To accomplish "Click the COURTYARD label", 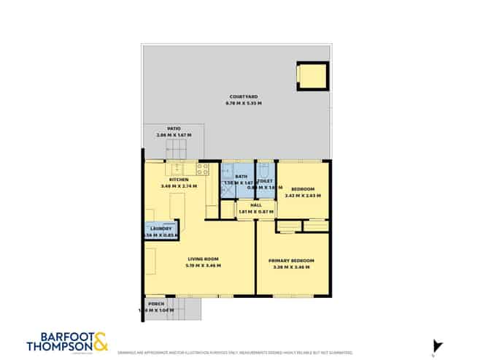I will [x=243, y=96].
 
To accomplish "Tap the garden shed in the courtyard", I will [x=311, y=75].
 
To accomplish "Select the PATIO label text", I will [x=173, y=128].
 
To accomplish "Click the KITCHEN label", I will [x=179, y=180].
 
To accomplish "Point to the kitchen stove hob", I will [x=202, y=169].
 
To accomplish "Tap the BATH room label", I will [x=241, y=177].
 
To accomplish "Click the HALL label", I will [x=255, y=205].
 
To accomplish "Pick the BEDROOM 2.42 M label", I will [x=302, y=188].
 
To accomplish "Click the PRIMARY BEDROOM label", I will [x=291, y=261].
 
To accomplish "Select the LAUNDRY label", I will [x=160, y=229].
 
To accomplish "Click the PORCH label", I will [x=155, y=303].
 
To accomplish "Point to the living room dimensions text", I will [x=204, y=266].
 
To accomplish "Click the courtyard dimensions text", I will [x=243, y=103].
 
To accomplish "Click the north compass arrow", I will [x=438, y=345].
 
